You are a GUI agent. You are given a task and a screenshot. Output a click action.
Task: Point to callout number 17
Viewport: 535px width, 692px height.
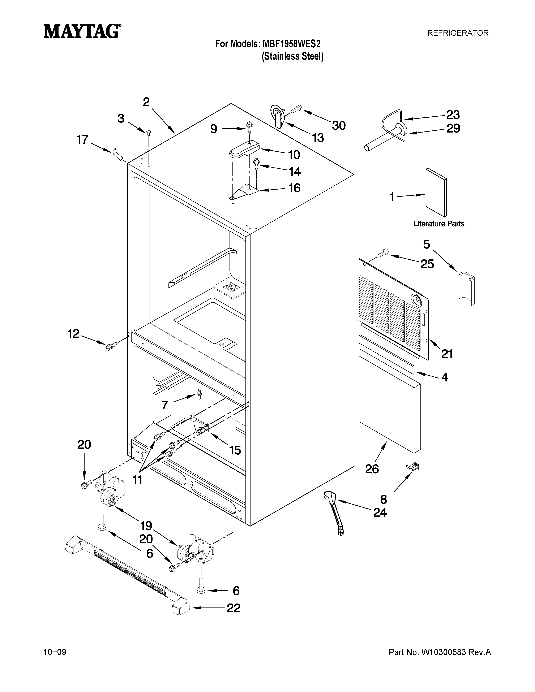[82, 139]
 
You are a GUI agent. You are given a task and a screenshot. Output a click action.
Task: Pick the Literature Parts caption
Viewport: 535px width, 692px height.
[439, 224]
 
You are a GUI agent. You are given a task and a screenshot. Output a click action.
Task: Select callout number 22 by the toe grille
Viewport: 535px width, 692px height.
[233, 608]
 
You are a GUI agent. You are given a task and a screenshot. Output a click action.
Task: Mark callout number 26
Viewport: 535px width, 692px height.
[372, 469]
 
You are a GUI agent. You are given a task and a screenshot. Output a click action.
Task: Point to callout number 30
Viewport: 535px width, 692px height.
[339, 126]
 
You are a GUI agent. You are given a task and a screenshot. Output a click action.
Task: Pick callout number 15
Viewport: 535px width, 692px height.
[235, 450]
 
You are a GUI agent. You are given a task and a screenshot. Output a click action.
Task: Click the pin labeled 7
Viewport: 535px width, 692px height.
[199, 394]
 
